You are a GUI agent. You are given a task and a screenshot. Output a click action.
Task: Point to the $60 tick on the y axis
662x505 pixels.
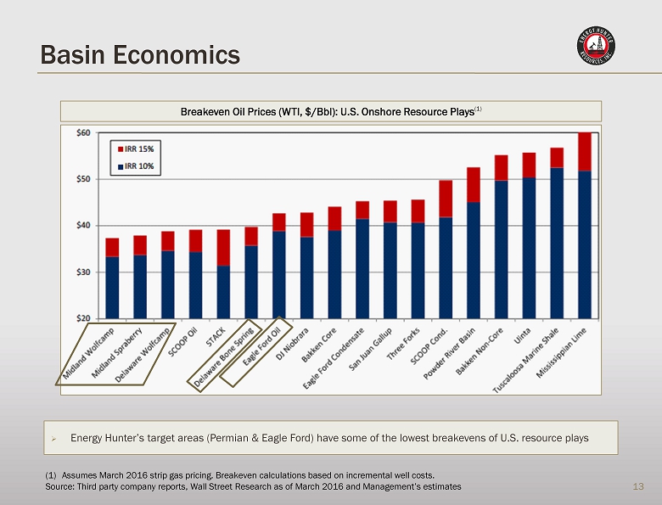point(82,133)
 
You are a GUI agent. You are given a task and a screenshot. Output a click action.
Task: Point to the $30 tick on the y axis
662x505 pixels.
point(82,272)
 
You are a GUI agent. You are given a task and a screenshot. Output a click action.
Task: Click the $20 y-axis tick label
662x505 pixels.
point(82,318)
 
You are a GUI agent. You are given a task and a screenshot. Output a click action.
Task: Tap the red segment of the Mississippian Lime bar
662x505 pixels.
point(585,152)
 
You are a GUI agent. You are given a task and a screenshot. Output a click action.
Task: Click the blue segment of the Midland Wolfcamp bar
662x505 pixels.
point(112,287)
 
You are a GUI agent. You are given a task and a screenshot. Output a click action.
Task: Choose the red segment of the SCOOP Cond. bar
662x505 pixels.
point(446,199)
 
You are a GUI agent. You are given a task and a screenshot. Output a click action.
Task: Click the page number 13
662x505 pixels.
point(639,486)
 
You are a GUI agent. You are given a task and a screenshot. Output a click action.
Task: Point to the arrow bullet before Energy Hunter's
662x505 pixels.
point(53,439)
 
